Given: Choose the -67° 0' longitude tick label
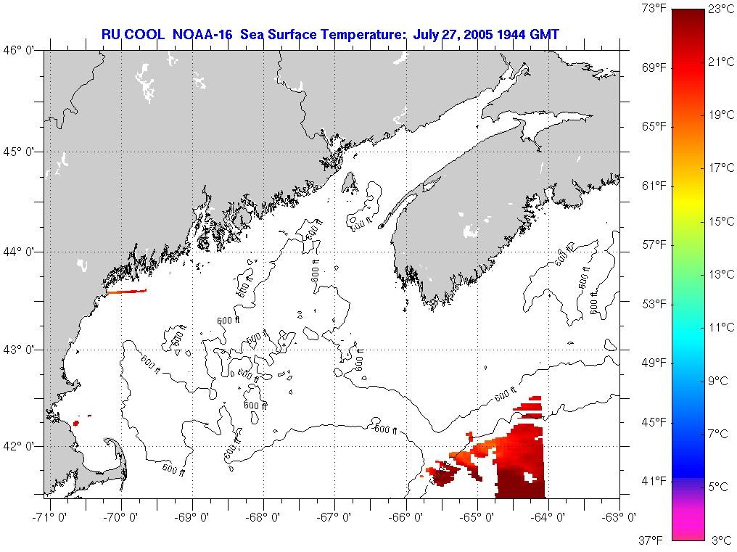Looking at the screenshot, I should (x=335, y=516).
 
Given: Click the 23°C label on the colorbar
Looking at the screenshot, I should (x=720, y=9).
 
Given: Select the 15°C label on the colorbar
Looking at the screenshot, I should (x=720, y=221).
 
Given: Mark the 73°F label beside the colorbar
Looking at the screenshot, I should (x=653, y=9).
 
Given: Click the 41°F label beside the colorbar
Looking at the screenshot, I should (x=653, y=481).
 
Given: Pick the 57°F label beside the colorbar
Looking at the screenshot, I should (x=653, y=245).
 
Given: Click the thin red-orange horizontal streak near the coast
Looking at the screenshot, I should (x=127, y=292).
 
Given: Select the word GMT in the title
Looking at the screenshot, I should (x=544, y=34).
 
